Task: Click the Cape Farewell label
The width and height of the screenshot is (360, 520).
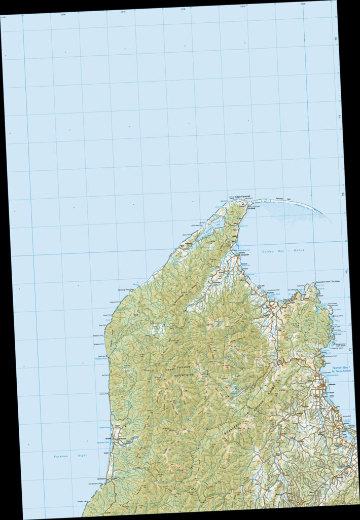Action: click(242, 196)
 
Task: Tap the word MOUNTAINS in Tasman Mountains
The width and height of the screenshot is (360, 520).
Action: click(184, 374)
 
